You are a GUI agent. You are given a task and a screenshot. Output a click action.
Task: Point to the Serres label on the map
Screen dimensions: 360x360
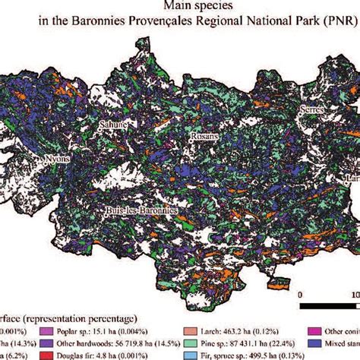[x=312, y=109]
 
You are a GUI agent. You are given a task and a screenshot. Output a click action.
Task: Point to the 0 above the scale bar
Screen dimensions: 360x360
[x=302, y=292]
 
